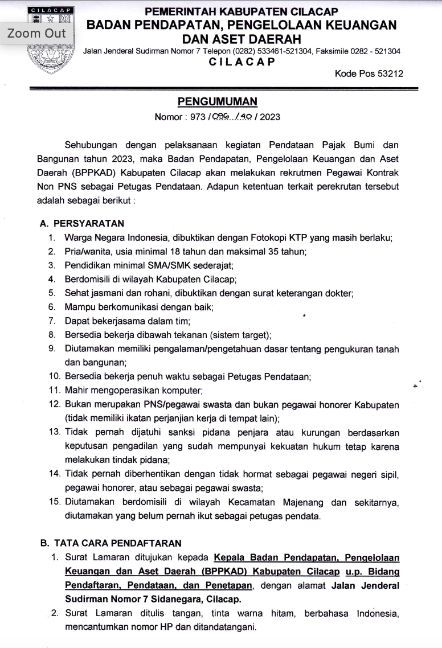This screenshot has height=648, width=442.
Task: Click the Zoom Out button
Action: click(x=36, y=33)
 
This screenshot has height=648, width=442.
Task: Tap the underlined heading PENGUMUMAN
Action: click(x=218, y=102)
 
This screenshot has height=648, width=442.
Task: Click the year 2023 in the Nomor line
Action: click(x=270, y=117)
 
